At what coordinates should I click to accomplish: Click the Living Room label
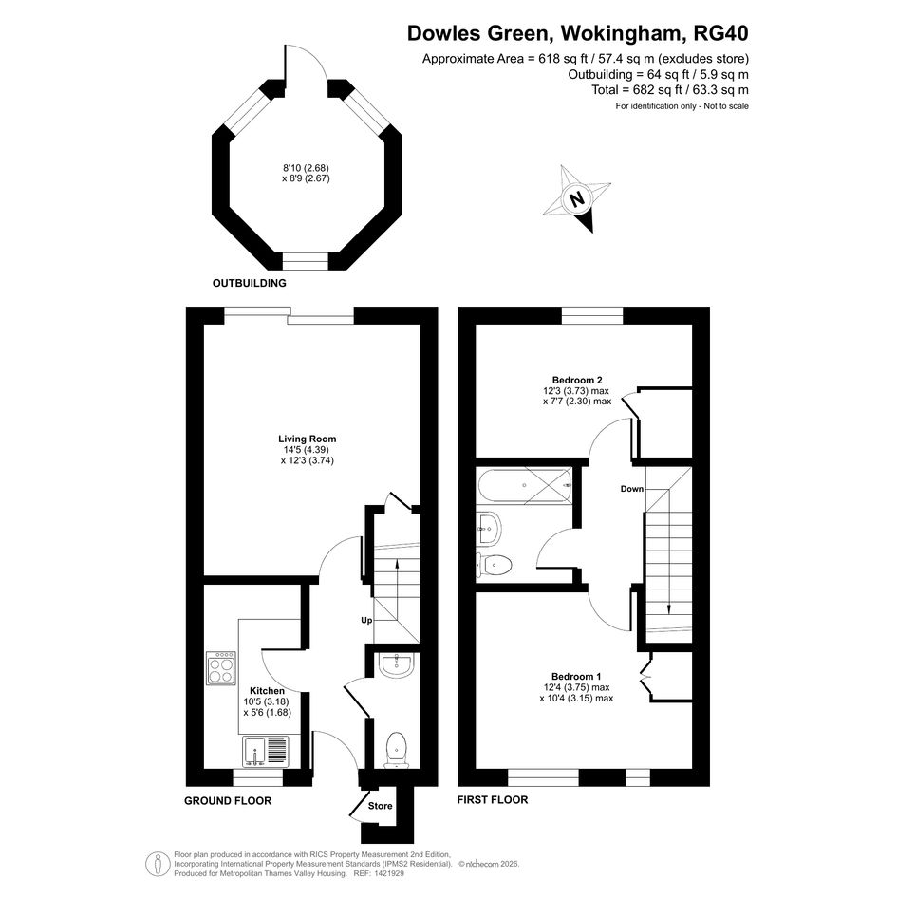point(308,439)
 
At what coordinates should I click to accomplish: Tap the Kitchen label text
point(267,690)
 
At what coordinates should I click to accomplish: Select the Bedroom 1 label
point(576,676)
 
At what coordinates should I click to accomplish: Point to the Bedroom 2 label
point(577,380)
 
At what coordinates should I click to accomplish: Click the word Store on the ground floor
point(380,806)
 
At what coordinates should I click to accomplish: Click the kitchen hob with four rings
point(221,667)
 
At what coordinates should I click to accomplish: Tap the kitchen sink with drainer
point(267,752)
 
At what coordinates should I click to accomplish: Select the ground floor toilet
point(397,750)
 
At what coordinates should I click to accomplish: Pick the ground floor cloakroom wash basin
point(396,666)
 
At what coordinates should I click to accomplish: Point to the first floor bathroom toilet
point(494,566)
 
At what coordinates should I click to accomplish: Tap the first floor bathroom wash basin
point(489,528)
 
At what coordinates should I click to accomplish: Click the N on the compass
point(577,199)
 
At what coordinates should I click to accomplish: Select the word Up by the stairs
point(366,620)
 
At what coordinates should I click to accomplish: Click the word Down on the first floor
point(632,489)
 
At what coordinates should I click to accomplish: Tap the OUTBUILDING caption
point(250,283)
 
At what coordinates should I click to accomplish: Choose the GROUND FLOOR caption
point(228,800)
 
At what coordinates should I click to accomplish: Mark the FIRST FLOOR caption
point(493,799)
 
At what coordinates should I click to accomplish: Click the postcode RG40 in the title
point(720,33)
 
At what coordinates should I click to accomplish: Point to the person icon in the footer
point(157,864)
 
